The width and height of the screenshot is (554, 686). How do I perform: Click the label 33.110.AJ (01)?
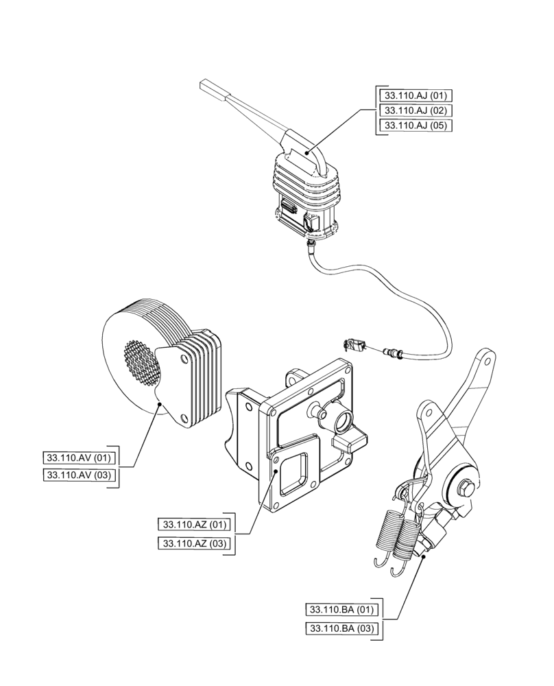coord(416,95)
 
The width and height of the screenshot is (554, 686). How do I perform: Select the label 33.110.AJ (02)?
coord(416,110)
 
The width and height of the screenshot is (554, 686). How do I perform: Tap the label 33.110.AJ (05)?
coord(416,126)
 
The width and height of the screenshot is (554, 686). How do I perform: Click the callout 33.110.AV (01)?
coord(81,458)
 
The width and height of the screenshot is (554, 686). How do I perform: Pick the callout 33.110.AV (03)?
coord(81,475)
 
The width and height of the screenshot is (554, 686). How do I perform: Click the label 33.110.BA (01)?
coord(341,609)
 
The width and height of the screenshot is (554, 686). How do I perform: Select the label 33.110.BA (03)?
coord(341,627)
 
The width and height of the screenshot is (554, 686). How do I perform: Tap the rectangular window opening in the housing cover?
coord(296,474)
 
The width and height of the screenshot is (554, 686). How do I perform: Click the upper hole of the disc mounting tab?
coord(183,357)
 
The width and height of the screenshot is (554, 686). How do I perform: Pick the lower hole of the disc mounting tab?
coord(182,419)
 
